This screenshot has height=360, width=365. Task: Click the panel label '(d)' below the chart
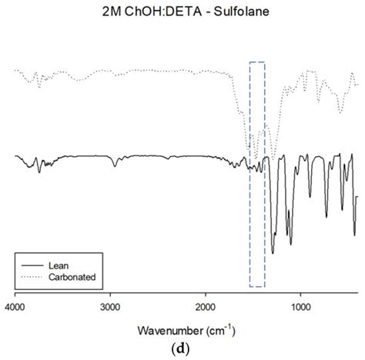point(181,351)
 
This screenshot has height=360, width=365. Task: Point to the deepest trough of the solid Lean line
point(273,252)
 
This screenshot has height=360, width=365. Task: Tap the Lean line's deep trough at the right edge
point(354,234)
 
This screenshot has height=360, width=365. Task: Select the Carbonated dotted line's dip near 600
point(340,112)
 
